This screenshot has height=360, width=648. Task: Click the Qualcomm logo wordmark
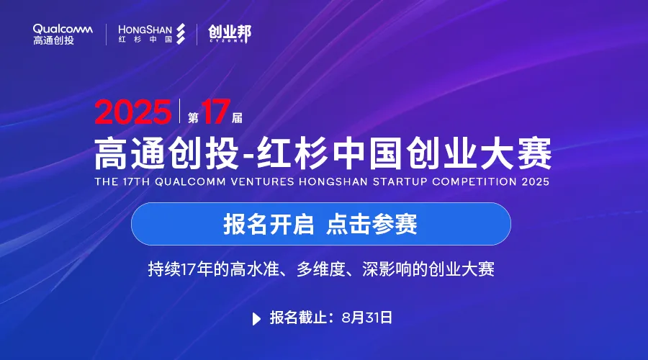[63, 30]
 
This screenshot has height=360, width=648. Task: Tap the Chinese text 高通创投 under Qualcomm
[54, 40]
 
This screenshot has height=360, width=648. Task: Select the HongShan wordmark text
[145, 30]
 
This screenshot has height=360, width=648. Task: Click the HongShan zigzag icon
[181, 33]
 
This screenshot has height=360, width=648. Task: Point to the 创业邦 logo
[230, 33]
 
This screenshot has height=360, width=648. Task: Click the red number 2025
[132, 112]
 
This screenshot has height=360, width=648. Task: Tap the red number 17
[216, 111]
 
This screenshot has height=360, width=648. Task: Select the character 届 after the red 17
[237, 118]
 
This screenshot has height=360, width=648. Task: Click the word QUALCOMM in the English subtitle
[191, 181]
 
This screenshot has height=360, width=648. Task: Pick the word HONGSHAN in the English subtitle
[333, 181]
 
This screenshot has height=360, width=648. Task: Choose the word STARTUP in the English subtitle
[400, 181]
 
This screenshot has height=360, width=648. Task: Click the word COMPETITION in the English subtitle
[474, 181]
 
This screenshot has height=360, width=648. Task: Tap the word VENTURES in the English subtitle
[262, 181]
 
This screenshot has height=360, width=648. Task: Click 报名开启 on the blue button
[269, 224]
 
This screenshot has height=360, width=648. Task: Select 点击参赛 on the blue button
[372, 224]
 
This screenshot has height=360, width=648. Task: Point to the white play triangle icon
[256, 319]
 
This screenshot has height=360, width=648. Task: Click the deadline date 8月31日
[367, 318]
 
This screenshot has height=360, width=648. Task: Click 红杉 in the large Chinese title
[292, 153]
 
